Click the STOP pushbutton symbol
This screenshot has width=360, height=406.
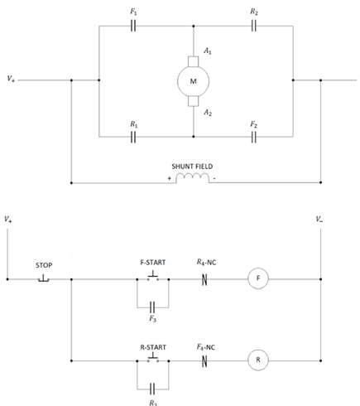44,278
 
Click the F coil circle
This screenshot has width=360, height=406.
257,279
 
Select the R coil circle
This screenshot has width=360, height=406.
257,360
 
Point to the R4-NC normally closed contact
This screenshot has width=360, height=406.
204,279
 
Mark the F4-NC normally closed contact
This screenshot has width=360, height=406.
204,360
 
